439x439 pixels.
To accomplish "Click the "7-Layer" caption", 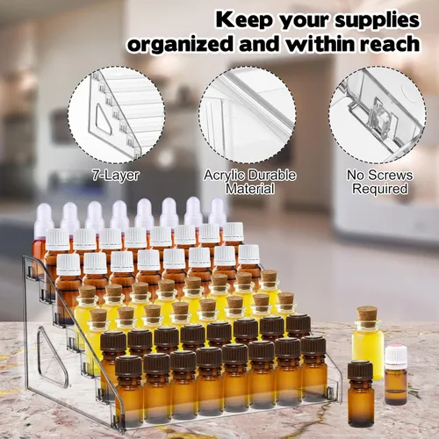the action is [x=115, y=176].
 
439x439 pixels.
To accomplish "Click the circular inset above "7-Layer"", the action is [x=116, y=115].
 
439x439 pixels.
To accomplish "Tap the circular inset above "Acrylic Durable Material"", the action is [x=248, y=115].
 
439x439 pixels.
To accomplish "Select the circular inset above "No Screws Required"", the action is [x=378, y=115].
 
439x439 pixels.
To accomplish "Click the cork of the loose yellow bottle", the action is [x=368, y=316].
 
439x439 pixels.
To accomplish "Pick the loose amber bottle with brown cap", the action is [x=361, y=393].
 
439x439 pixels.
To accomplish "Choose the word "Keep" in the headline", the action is [x=245, y=20].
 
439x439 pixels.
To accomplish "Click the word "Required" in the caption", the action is [x=380, y=189].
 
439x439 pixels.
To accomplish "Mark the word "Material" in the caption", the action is [x=249, y=189].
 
